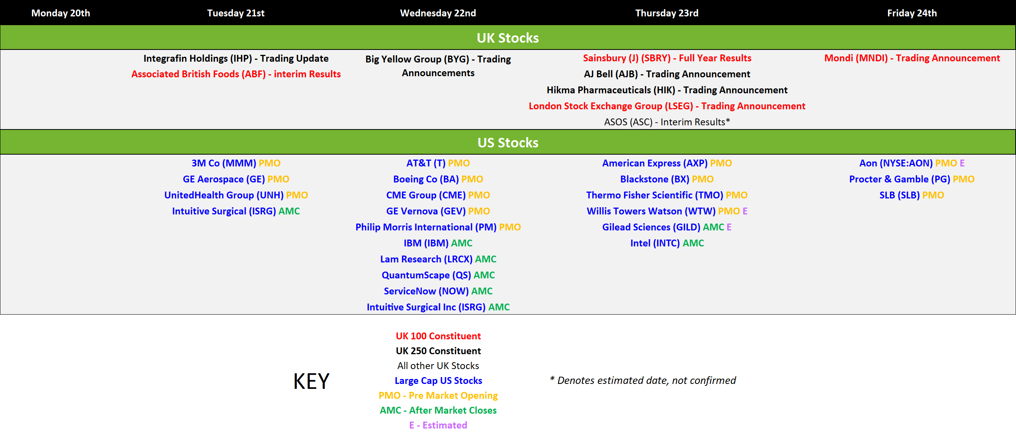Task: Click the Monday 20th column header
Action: [x=61, y=13]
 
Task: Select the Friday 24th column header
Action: [x=912, y=13]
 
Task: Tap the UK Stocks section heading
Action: [x=507, y=38]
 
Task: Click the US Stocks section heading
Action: [x=507, y=142]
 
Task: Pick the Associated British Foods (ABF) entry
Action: [x=236, y=74]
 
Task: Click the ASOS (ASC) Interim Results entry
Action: [x=667, y=122]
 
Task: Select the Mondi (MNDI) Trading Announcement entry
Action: [x=912, y=58]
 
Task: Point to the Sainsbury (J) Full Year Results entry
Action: [x=667, y=58]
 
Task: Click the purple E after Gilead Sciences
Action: [x=729, y=227]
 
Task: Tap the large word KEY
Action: [x=311, y=381]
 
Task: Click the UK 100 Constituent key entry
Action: [x=438, y=336]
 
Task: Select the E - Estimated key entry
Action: [x=438, y=425]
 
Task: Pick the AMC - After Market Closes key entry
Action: [x=438, y=411]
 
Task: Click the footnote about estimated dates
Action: [x=643, y=380]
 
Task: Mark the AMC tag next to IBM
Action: [x=461, y=243]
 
